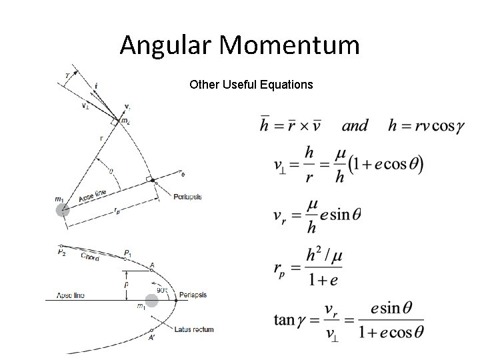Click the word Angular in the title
click(x=165, y=45)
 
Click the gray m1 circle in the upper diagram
click(x=63, y=211)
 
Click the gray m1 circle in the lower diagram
click(x=153, y=300)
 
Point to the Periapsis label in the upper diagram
click(x=187, y=196)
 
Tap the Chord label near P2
click(x=89, y=257)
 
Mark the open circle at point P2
click(x=61, y=246)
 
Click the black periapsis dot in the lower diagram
click(x=175, y=300)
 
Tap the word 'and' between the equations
click(x=355, y=125)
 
